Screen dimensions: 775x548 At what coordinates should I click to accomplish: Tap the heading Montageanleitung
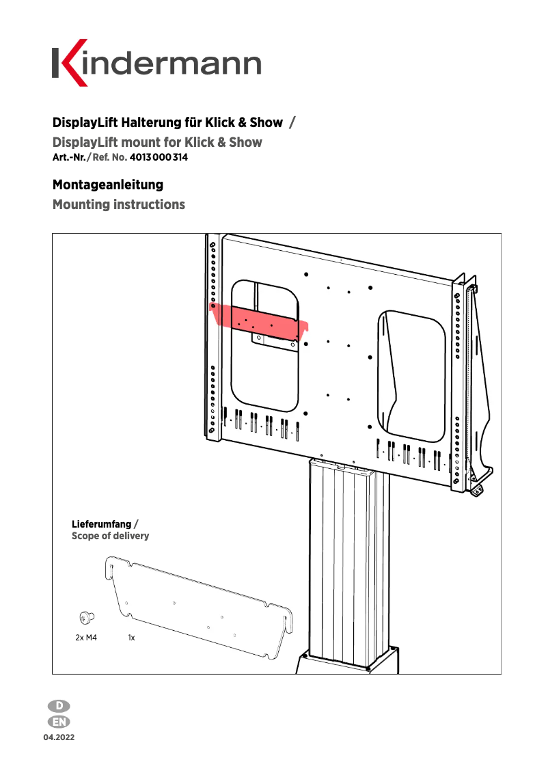(x=108, y=185)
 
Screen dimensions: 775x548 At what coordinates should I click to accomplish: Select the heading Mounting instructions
(x=119, y=204)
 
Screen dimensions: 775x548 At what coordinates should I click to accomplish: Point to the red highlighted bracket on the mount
(x=260, y=321)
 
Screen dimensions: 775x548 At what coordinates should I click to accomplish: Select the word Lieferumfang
(x=102, y=524)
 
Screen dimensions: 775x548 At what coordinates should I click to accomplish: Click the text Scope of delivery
(x=110, y=536)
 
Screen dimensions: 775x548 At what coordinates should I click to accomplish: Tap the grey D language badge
(x=59, y=706)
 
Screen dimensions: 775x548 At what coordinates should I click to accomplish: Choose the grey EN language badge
(x=59, y=722)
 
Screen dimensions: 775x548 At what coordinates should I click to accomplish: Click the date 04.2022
(x=59, y=738)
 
